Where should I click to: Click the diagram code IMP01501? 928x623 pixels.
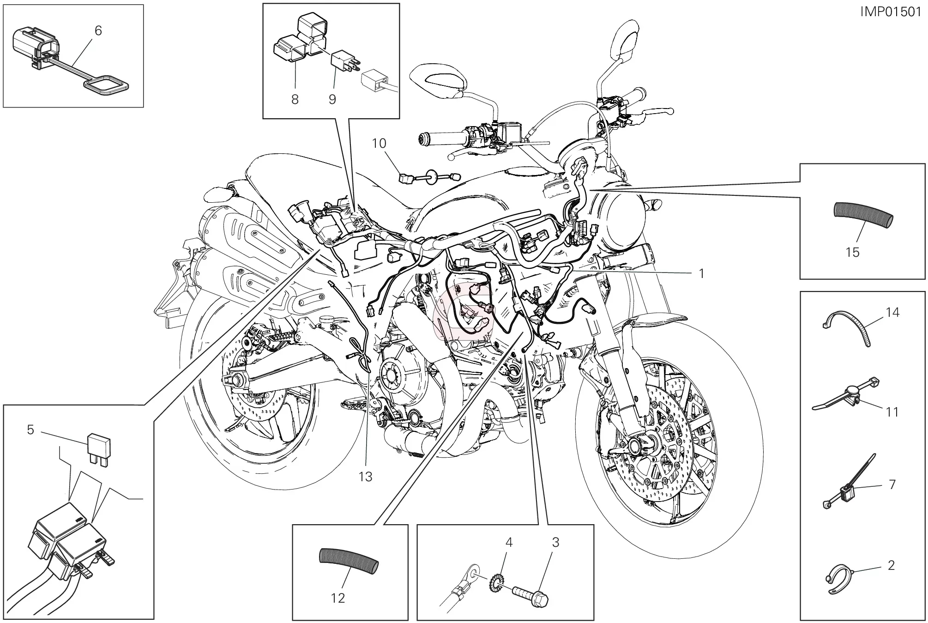(x=890, y=12)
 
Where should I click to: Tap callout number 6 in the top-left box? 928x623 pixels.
(x=98, y=30)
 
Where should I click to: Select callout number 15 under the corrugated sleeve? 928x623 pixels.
(x=852, y=252)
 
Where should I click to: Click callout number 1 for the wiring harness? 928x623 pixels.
(x=702, y=273)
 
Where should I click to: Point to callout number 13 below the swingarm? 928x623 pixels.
(x=365, y=476)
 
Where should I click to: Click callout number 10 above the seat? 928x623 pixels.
(x=379, y=143)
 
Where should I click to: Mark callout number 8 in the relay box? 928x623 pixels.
(x=295, y=99)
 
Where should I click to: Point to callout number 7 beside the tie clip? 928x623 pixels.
(x=892, y=484)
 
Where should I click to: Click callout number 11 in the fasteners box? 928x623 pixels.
(x=892, y=411)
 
